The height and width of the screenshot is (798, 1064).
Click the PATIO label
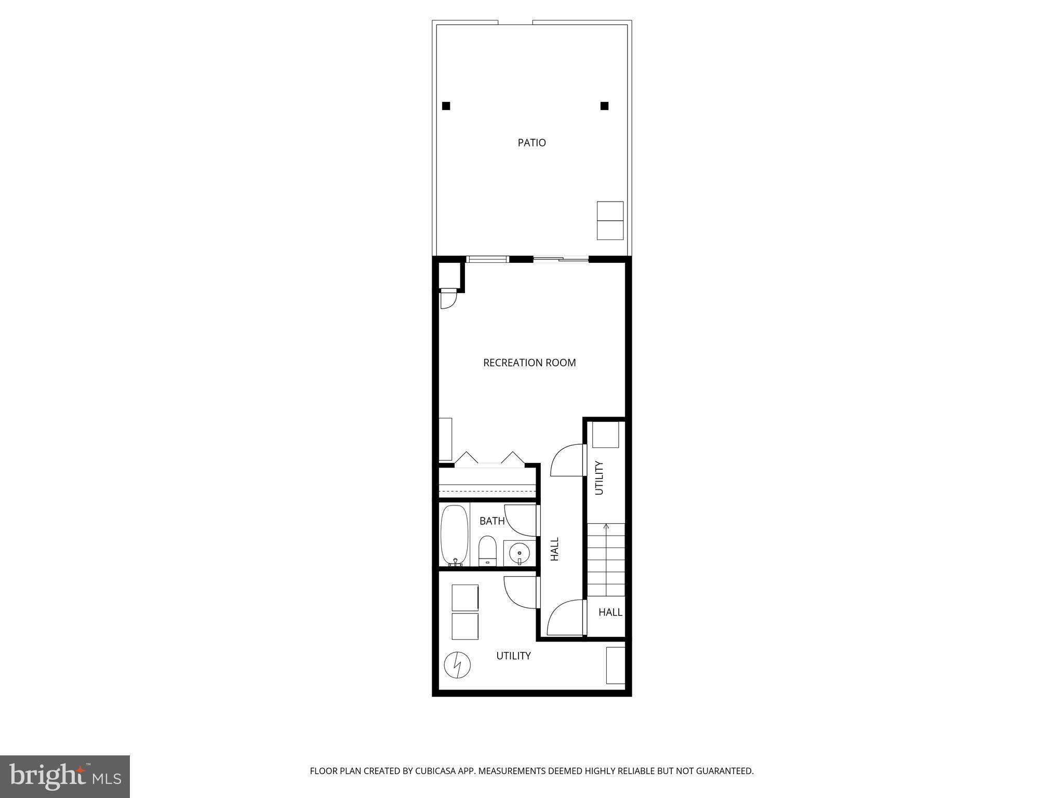pyautogui.click(x=531, y=142)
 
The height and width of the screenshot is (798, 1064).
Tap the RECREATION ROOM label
pyautogui.click(x=529, y=363)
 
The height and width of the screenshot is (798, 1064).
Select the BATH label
pyautogui.click(x=491, y=521)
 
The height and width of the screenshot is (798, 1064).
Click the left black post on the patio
pyautogui.click(x=446, y=106)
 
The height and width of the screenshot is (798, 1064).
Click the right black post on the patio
pyautogui.click(x=604, y=106)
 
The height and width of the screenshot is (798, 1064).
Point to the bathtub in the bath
pyautogui.click(x=454, y=536)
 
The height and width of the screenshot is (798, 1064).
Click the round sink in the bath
pyautogui.click(x=518, y=553)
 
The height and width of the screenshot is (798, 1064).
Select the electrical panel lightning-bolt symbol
pyautogui.click(x=457, y=665)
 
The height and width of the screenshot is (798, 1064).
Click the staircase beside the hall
pyautogui.click(x=606, y=560)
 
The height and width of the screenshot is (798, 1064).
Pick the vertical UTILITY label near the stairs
pyautogui.click(x=598, y=478)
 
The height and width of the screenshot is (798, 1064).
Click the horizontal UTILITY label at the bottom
pyautogui.click(x=513, y=656)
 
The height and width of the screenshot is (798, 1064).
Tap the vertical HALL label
pyautogui.click(x=555, y=549)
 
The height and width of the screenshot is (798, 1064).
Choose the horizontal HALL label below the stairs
pyautogui.click(x=610, y=613)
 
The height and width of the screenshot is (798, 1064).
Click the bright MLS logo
pyautogui.click(x=65, y=776)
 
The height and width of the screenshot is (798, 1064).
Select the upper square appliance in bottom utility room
pyautogui.click(x=464, y=597)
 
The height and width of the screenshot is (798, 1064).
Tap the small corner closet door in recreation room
pyautogui.click(x=447, y=300)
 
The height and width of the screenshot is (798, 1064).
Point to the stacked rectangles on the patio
pyautogui.click(x=610, y=221)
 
